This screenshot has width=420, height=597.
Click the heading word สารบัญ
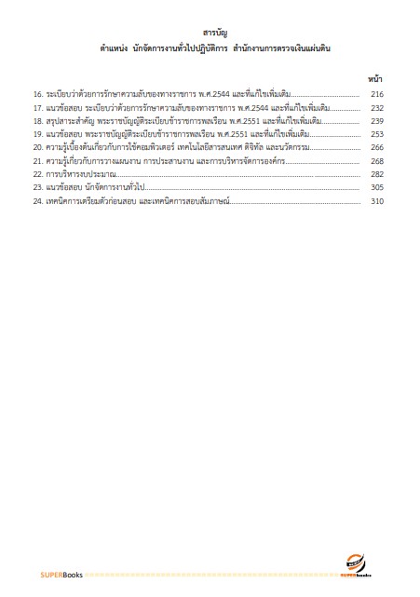(210, 33)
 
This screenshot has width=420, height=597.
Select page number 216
(377, 95)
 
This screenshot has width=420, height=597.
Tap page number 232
(377, 108)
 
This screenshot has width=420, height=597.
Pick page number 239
(377, 121)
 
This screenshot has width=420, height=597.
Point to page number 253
(377, 134)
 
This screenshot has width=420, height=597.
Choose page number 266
(377, 147)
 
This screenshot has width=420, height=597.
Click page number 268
(377, 161)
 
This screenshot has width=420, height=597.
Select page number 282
(377, 174)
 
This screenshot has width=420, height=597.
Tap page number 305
(377, 187)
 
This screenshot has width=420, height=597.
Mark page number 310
(377, 200)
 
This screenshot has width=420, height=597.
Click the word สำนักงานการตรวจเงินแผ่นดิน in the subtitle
(279, 47)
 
